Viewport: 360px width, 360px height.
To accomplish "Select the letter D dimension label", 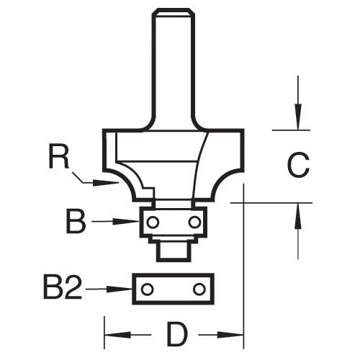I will click(x=174, y=336).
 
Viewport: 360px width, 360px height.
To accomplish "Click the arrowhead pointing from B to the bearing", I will click(x=133, y=222).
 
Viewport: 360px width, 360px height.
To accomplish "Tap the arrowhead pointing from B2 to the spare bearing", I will click(x=125, y=290).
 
